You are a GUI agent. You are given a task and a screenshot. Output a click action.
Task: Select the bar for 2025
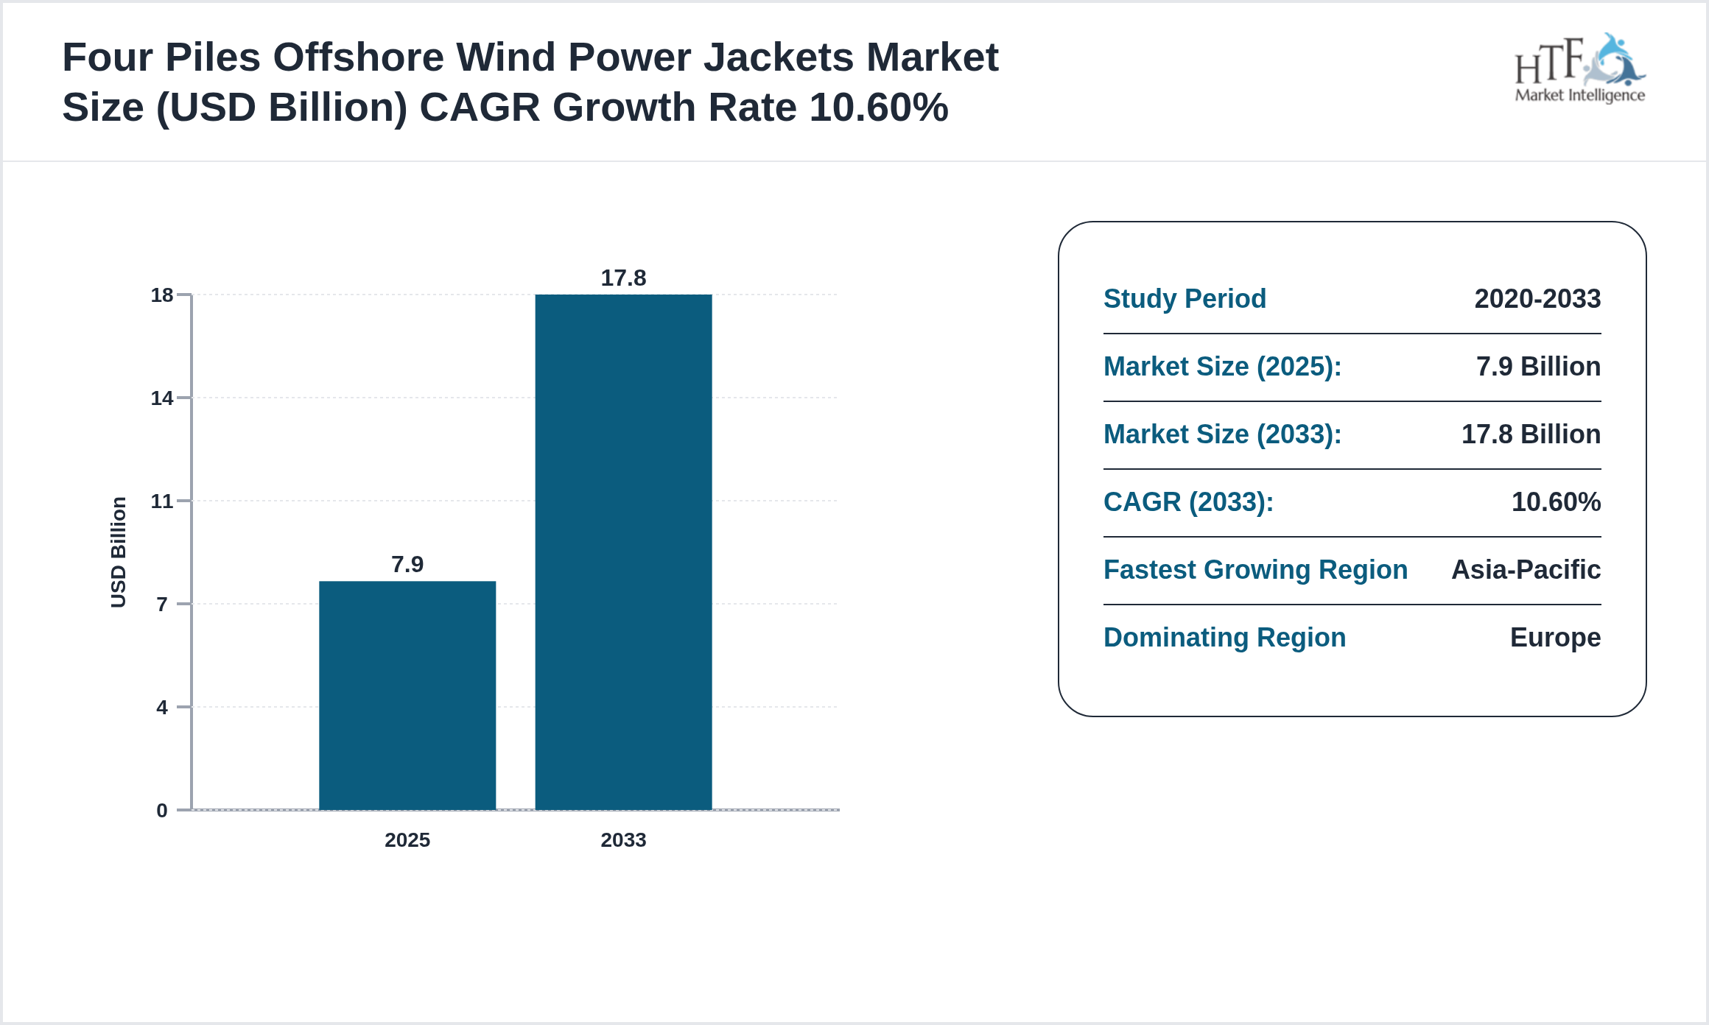[x=407, y=695]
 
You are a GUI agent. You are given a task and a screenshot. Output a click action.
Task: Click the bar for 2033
[x=623, y=552]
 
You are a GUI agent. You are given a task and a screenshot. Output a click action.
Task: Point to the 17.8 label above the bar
[x=623, y=278]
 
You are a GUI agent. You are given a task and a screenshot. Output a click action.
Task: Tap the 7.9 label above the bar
[x=407, y=564]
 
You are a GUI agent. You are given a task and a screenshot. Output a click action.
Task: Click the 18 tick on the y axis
[x=162, y=295]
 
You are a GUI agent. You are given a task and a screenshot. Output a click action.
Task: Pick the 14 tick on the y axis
[x=162, y=398]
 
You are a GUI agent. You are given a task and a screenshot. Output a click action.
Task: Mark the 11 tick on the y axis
[x=162, y=501]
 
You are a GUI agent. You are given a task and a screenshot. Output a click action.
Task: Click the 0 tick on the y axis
[x=162, y=811]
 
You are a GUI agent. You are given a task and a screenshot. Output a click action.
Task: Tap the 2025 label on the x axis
[x=407, y=840]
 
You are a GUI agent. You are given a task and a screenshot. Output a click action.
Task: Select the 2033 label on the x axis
[x=623, y=840]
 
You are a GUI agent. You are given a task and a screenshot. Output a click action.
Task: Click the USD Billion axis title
[x=118, y=552]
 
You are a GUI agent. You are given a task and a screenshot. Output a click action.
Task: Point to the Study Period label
[x=1185, y=299]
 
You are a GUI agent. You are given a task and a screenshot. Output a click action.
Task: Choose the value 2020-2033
[x=1537, y=299]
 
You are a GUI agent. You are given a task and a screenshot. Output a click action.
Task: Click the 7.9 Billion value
[x=1538, y=367]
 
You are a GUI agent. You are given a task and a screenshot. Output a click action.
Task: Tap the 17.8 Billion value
[x=1531, y=434]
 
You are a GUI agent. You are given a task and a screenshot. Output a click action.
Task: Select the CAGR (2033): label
[x=1188, y=502]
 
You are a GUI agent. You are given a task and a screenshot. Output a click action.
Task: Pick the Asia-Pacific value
[x=1526, y=570]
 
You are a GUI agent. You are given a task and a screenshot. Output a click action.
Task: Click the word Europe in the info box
[x=1555, y=638]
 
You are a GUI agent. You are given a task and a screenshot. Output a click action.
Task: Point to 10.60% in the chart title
[x=878, y=108]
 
